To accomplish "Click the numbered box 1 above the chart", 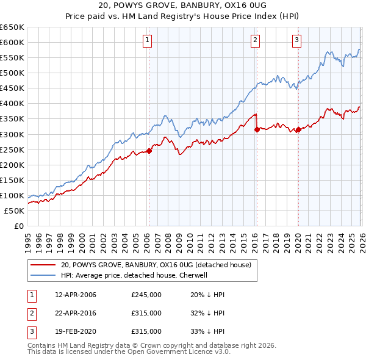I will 148,41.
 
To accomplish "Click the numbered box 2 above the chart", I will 254,41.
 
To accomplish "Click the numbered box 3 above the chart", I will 296,41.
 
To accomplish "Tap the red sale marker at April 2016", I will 257,129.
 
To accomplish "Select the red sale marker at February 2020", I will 298,129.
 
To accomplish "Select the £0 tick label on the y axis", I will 19,226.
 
